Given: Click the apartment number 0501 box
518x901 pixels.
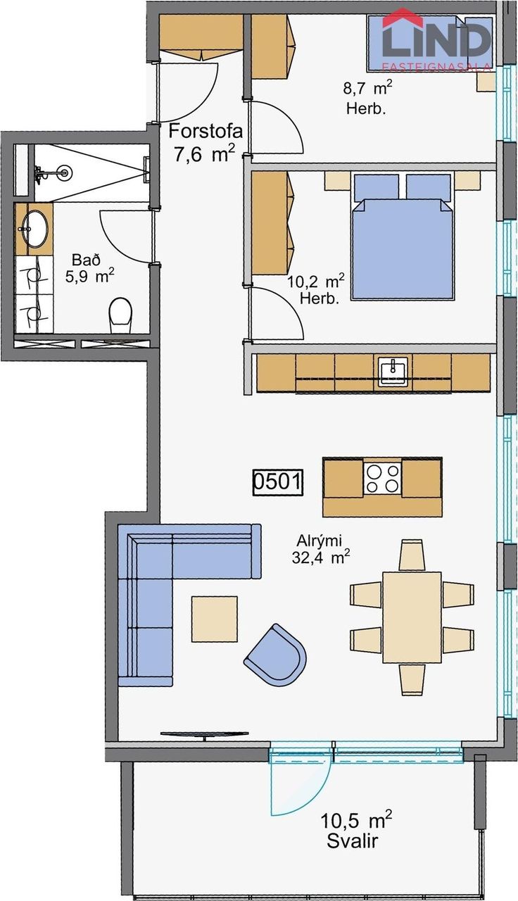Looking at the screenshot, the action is point(277,482).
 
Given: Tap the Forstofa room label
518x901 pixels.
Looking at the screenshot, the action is point(206,131).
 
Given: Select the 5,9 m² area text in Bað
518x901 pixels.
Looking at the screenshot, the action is point(89,277).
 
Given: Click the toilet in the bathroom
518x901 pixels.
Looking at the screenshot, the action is point(120,315).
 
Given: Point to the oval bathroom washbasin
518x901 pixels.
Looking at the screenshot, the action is point(34,229).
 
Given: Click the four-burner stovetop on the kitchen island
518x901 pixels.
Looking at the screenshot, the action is point(382,478).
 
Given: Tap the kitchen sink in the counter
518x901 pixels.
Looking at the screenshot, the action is point(392,372).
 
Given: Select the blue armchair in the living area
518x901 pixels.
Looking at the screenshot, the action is point(276,655).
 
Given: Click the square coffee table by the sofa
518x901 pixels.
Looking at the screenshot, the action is point(215,619).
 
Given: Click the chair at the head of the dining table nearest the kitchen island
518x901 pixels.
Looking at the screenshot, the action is point(412,555).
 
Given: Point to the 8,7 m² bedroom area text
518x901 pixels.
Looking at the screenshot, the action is point(367,88).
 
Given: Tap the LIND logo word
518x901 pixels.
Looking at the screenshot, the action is point(437,39).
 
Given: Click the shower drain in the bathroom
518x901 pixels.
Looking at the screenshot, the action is point(64,173).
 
